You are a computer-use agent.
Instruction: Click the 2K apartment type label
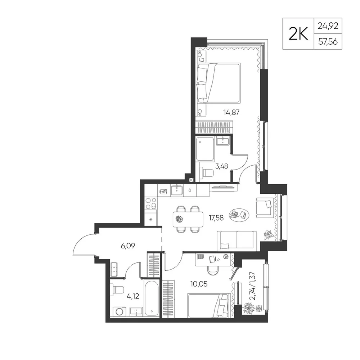click(298, 34)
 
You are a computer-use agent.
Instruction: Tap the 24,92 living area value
click(328, 26)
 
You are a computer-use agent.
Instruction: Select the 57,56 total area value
click(328, 41)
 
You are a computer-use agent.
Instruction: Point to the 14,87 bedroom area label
click(231, 112)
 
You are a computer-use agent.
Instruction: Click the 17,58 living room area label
click(216, 218)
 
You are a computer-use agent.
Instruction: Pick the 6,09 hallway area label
click(128, 246)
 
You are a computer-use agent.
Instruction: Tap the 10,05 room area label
click(199, 284)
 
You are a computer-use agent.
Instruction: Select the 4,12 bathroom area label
click(133, 296)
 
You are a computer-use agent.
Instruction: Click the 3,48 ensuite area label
click(221, 166)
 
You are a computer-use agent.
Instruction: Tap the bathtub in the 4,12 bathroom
click(152, 298)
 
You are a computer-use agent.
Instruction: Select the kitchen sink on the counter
click(177, 190)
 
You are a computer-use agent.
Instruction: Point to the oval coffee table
click(239, 215)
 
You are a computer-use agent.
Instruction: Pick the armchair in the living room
click(265, 208)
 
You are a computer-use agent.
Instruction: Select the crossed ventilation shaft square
click(191, 180)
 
